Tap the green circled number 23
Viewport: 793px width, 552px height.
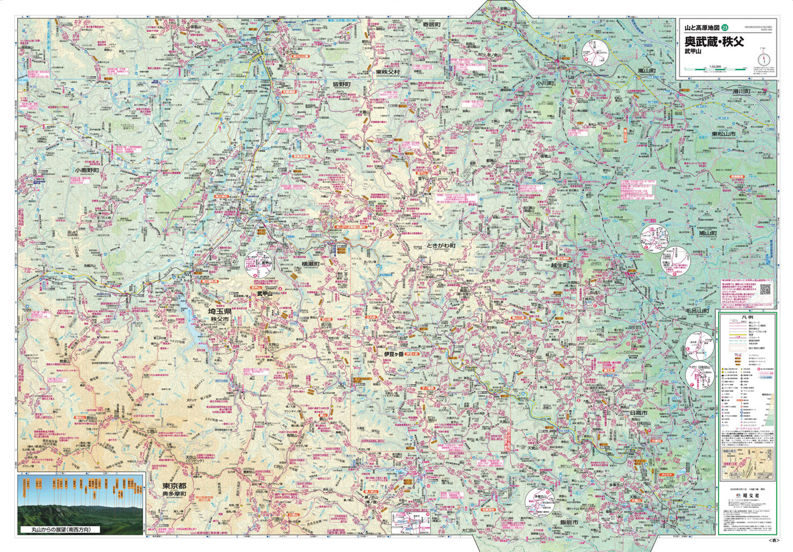click(732, 28)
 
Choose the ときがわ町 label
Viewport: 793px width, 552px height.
click(441, 246)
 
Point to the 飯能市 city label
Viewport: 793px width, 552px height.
click(568, 522)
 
